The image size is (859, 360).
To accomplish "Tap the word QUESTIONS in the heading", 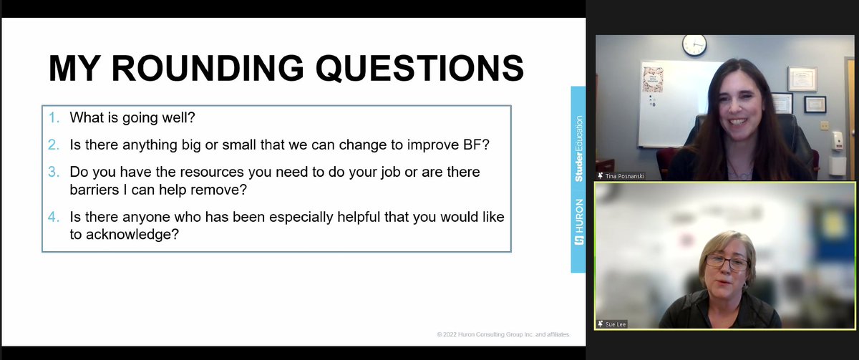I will pyautogui.click(x=420, y=69).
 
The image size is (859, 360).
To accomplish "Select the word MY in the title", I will pyautogui.click(x=74, y=69).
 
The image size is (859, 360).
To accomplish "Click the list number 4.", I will pyautogui.click(x=54, y=217).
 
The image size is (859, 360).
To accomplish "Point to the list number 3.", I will pyautogui.click(x=54, y=172).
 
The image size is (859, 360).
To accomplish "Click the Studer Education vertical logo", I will pyautogui.click(x=578, y=147).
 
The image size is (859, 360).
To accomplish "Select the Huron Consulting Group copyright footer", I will pyautogui.click(x=503, y=334).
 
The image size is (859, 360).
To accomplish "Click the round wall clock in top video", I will pyautogui.click(x=694, y=44).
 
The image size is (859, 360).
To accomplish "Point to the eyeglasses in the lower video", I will pyautogui.click(x=726, y=263).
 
